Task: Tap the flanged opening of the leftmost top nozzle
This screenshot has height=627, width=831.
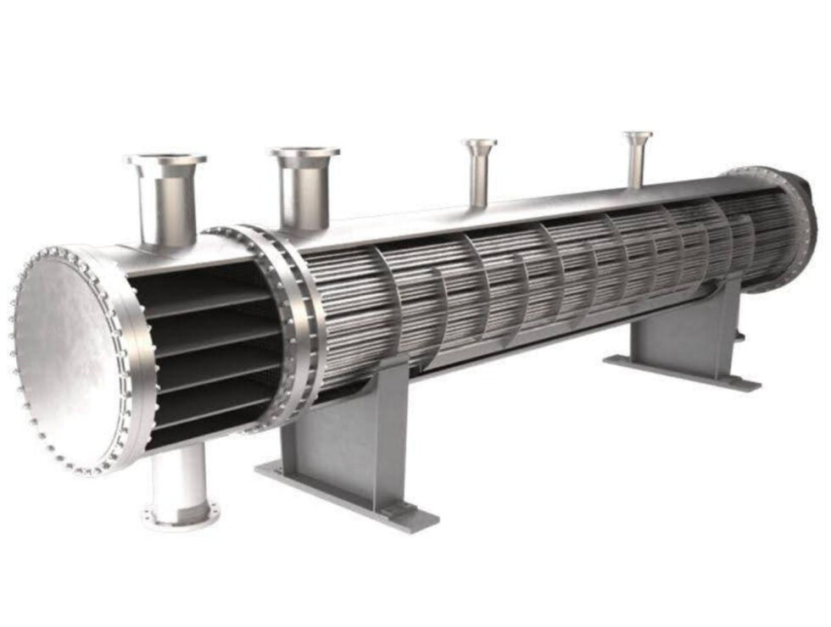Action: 166,159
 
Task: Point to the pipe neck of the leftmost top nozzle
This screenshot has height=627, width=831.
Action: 167,208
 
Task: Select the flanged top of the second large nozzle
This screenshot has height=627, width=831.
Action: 304,153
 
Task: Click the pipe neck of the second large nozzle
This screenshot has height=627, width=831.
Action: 304,199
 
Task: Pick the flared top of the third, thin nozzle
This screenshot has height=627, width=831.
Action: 480,143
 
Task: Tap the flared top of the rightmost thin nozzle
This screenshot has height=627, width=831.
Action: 638,135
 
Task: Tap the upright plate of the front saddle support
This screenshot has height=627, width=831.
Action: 339,441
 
